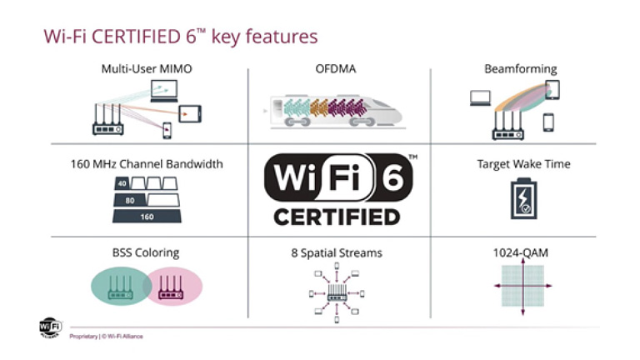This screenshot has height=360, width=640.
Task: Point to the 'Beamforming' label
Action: (521, 69)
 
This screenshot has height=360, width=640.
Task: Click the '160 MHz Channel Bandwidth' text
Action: (147, 164)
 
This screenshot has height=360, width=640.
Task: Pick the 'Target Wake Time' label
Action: (523, 164)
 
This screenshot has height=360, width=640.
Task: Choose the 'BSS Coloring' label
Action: (147, 252)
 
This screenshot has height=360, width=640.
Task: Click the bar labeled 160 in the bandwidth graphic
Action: (147, 216)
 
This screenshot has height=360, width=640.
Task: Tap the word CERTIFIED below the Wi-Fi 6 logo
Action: (337, 217)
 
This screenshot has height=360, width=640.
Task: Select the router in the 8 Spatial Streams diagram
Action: (338, 293)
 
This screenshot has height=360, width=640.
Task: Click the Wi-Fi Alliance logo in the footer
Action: (50, 327)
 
